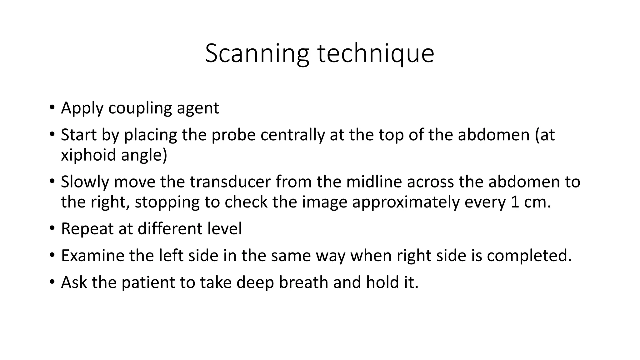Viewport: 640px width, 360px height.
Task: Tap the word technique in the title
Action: click(376, 54)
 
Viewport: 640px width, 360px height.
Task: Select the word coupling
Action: click(140, 108)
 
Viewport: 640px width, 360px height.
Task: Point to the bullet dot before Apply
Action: click(52, 108)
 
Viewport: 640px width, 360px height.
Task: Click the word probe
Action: click(233, 135)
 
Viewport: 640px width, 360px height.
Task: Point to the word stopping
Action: click(167, 202)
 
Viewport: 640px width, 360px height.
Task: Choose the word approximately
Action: click(406, 202)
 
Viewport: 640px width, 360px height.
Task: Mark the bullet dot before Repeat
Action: click(52, 228)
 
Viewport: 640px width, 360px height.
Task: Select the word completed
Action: click(529, 256)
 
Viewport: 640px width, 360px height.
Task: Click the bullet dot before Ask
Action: click(52, 282)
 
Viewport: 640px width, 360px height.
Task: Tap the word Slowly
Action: click(85, 182)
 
